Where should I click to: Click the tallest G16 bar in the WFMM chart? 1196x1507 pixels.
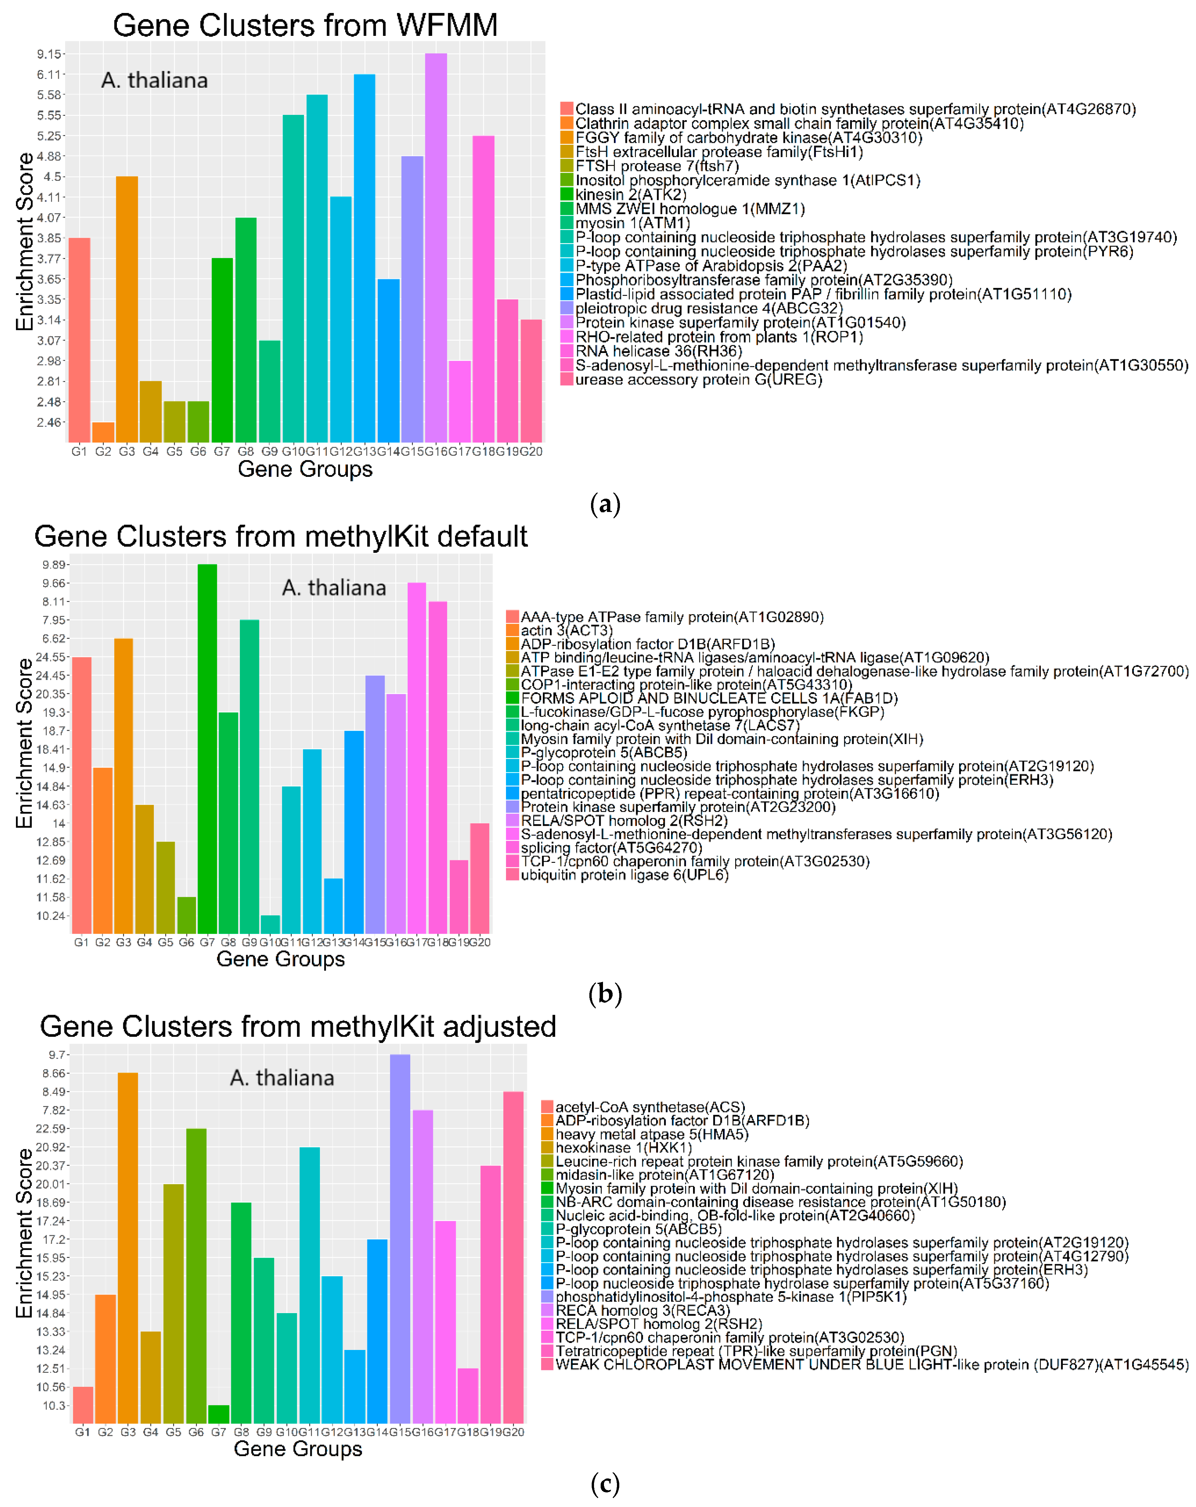coord(436,245)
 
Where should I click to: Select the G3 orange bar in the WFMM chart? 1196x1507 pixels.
coord(127,307)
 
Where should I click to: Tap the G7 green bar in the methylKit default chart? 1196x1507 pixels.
coord(207,748)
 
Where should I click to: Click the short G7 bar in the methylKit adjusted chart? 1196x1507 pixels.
coord(219,1413)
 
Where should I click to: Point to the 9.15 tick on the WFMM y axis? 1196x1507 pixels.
coord(49,54)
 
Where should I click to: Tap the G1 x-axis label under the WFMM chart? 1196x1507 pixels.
coord(79,452)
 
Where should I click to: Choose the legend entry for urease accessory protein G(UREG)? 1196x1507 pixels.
coord(698,379)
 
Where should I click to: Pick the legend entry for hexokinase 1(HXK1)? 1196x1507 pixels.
coord(623,1148)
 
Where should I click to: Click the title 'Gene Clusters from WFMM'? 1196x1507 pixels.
coord(305,25)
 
